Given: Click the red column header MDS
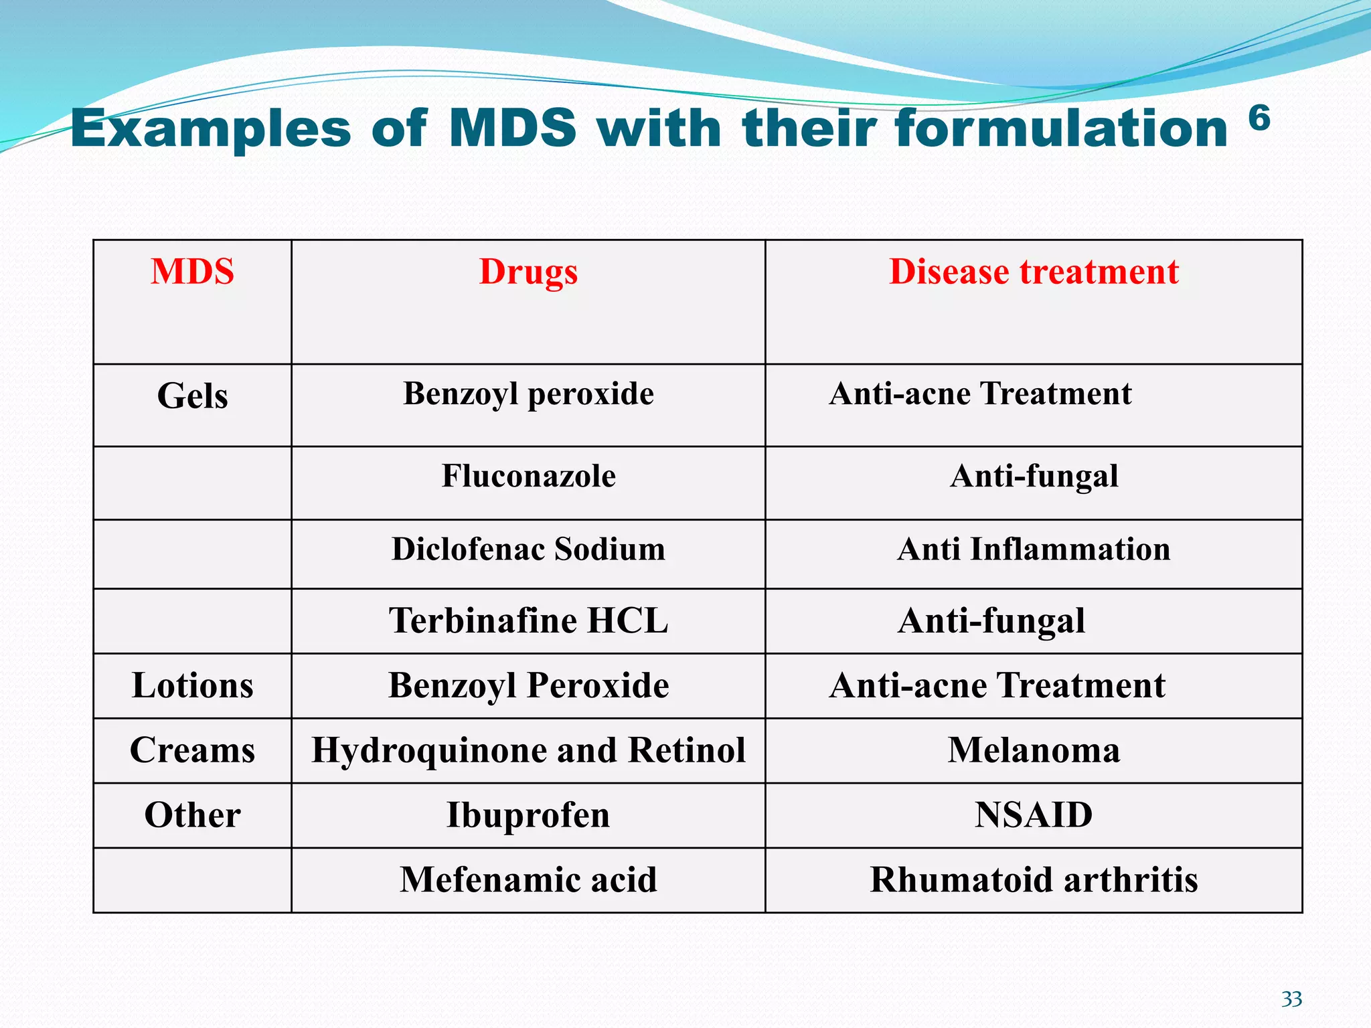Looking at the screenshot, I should [192, 272].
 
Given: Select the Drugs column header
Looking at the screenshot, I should [528, 272].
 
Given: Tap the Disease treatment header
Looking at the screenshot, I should [1034, 272].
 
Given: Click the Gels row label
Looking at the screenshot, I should [192, 396].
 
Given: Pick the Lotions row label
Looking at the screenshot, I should [192, 685].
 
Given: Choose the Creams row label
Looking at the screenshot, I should [192, 750].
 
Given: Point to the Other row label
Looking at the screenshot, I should [192, 815].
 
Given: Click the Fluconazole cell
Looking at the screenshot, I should [528, 476].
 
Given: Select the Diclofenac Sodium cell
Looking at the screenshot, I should [528, 549].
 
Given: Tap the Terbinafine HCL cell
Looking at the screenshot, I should [528, 620].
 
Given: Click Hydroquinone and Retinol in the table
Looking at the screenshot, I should [528, 750].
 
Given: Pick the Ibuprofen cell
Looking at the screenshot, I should [528, 815].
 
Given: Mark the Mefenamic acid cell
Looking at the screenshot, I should [528, 879].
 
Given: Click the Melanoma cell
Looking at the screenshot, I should [1034, 750].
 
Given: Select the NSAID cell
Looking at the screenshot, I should [1034, 815].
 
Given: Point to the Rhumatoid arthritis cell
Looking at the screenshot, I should [1034, 879].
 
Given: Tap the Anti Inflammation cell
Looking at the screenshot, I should [1034, 549].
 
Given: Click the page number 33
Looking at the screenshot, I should [1291, 999].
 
